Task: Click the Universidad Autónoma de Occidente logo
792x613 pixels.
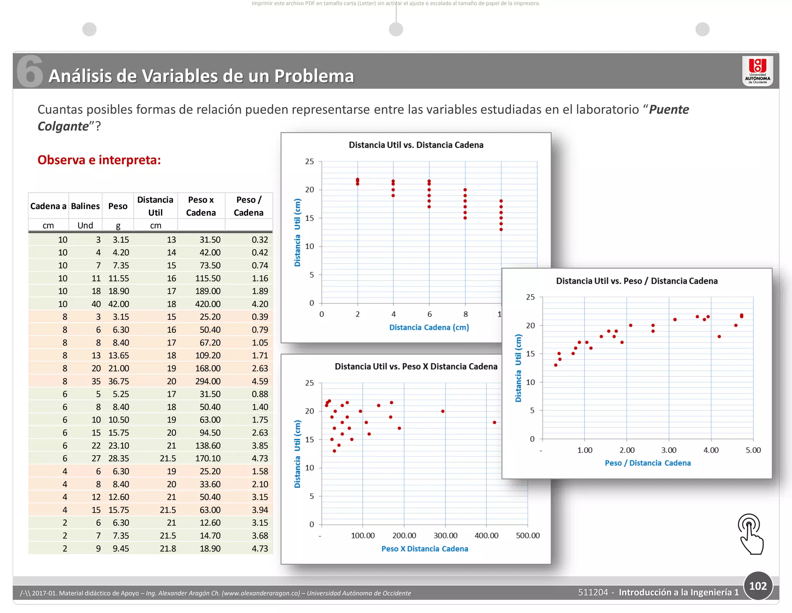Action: coord(758,71)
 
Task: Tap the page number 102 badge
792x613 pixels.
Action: coord(758,586)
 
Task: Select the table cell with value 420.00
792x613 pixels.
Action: coord(208,304)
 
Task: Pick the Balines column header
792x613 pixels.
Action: coord(85,206)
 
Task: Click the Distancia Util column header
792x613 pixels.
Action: coord(155,206)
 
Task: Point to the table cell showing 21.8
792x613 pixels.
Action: coord(168,548)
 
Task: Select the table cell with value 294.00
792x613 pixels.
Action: coord(208,381)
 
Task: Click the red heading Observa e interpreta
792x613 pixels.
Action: coord(99,160)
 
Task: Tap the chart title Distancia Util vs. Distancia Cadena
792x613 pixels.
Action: coord(416,145)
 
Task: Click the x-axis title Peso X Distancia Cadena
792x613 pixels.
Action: coord(425,549)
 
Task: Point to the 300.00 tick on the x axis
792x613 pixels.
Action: coord(445,536)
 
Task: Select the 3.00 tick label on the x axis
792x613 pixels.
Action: coord(669,450)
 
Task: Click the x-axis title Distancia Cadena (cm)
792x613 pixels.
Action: coord(429,327)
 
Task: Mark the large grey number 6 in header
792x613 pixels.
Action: coord(30,71)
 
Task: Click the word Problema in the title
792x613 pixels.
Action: coord(314,76)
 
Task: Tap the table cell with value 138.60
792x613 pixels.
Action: coord(208,446)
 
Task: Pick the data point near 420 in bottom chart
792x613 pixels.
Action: coord(495,422)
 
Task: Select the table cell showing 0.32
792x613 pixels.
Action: coord(260,240)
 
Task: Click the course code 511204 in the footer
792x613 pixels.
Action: coord(593,593)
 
